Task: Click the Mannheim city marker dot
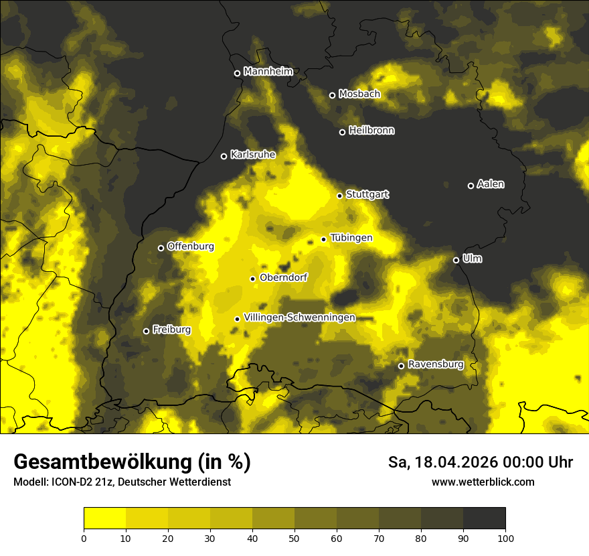237,74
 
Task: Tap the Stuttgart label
367,194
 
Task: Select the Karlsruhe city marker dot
224,157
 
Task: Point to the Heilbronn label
371,131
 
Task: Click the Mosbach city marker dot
332,95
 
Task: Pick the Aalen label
491,184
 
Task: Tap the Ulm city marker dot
456,260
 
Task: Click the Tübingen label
351,238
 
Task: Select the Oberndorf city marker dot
253,279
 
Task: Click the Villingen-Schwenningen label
300,318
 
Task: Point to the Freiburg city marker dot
147,331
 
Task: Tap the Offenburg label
191,247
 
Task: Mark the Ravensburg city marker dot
402,366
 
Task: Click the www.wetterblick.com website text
483,482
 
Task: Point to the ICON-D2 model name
71,482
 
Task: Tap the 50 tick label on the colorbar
294,537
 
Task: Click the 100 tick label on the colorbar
505,537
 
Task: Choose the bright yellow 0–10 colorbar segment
105,518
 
